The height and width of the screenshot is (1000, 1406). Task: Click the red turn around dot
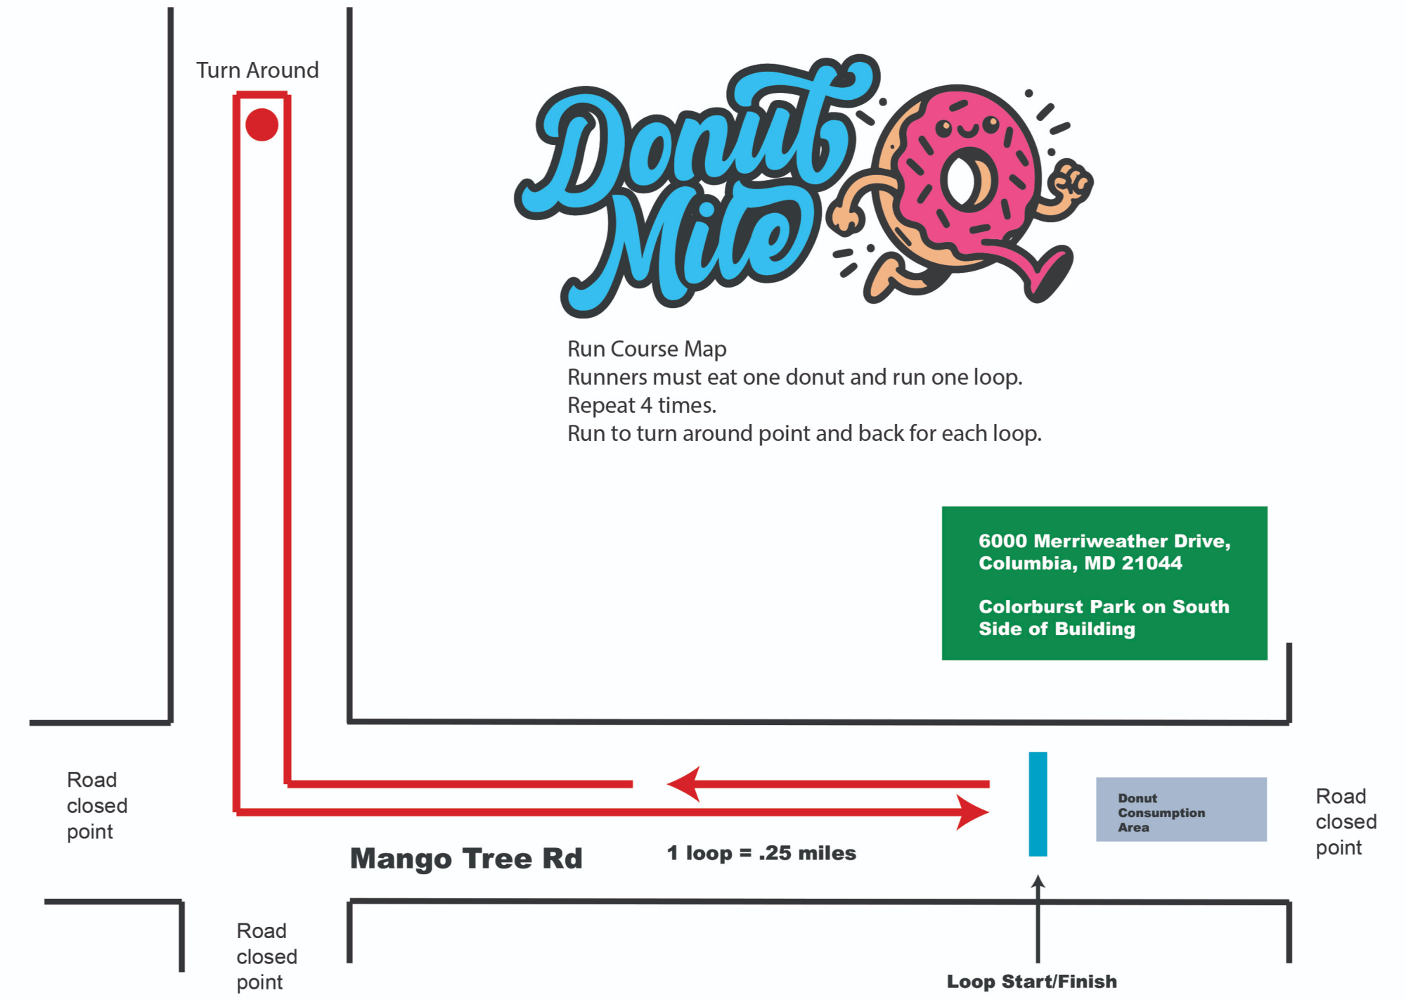coord(262,124)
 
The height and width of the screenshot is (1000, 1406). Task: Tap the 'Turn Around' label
coord(257,70)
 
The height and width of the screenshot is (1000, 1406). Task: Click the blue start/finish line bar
coord(1038,804)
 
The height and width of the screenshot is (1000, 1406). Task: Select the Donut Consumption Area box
coord(1181,809)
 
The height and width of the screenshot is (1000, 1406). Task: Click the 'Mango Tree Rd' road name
coord(466,859)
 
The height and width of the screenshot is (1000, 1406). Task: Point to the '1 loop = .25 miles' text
coord(761,853)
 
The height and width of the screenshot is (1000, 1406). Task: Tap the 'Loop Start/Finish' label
coord(1031,982)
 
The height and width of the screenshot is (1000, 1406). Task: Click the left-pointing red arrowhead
coord(683,783)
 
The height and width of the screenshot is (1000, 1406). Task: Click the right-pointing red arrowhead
coord(973,812)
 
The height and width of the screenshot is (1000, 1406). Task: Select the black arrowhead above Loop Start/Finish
coord(1038,881)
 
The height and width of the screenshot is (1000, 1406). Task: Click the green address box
coord(1104,583)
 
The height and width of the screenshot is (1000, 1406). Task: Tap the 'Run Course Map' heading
coord(647,349)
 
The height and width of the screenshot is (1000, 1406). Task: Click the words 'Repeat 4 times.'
coord(642,406)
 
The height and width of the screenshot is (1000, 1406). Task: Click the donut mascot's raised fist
coord(1071,181)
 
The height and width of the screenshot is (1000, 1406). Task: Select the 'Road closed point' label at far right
coord(1346,822)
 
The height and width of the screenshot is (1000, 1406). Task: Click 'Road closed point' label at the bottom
coord(266,956)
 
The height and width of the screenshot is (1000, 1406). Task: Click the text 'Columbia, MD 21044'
coord(1080,563)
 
